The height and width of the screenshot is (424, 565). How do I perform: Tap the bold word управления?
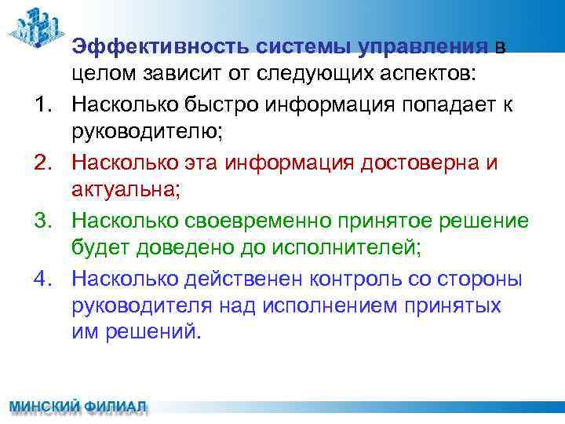[424, 47]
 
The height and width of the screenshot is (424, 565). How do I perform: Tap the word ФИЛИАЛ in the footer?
[116, 408]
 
